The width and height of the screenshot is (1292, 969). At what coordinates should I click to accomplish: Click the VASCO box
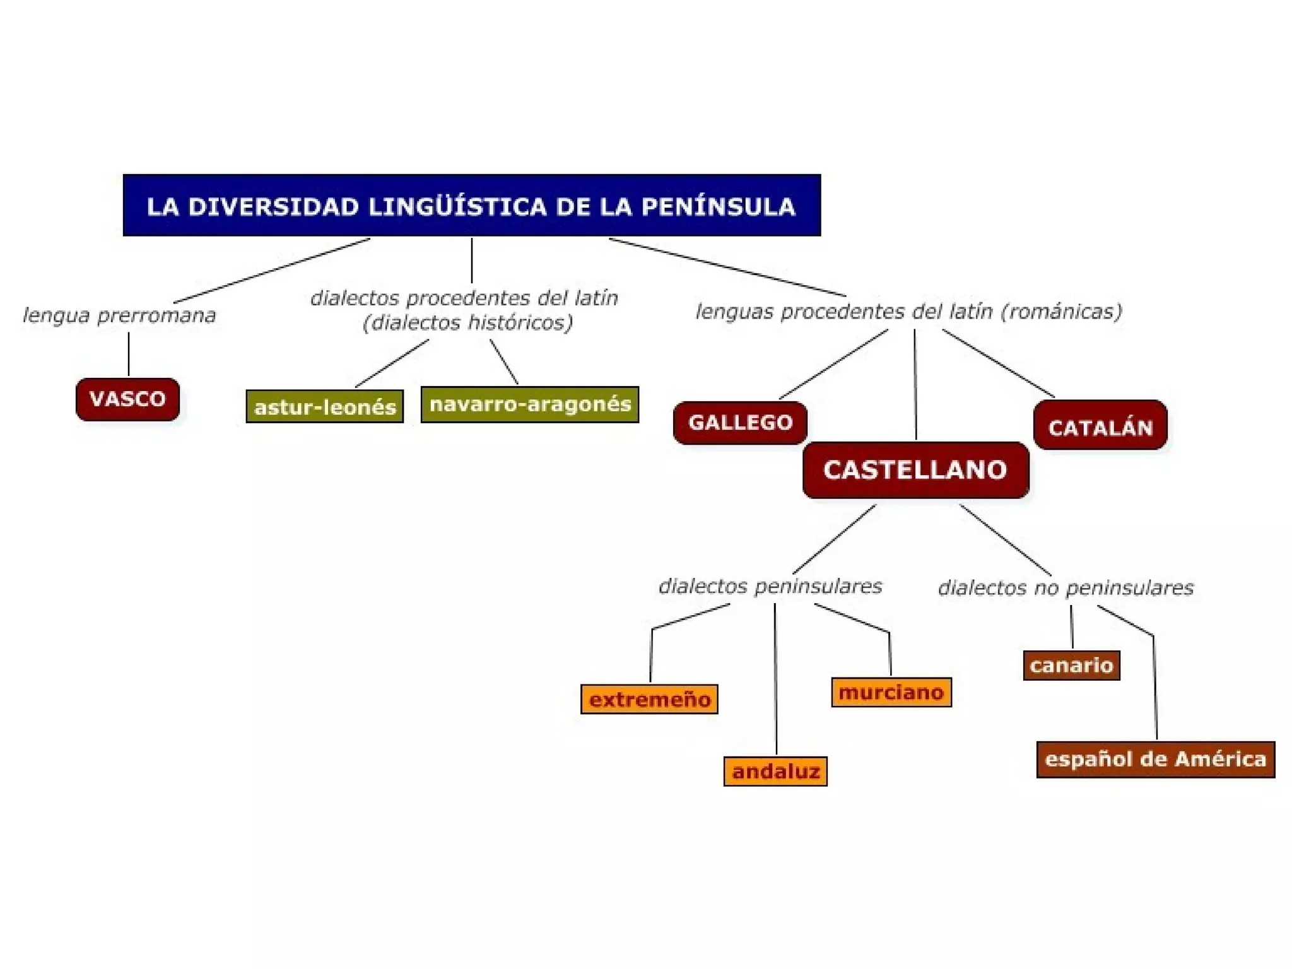coord(127,399)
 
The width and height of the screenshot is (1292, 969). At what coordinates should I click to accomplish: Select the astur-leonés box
coord(324,407)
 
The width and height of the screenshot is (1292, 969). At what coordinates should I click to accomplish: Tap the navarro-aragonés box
coord(529,404)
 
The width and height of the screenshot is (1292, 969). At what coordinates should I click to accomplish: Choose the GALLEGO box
coord(740,423)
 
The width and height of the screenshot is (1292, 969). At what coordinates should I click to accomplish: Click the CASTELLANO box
coord(915,470)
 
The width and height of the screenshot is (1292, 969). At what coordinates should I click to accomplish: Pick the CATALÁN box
coord(1100,427)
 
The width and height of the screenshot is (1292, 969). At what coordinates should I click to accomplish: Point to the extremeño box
coord(649,700)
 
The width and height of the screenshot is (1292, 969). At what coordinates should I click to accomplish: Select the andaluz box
coord(775,771)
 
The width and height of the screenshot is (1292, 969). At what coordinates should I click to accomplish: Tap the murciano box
coord(891,692)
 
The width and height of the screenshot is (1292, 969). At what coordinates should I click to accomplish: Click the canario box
coord(1071,666)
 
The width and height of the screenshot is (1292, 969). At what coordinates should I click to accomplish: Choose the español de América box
coord(1155,759)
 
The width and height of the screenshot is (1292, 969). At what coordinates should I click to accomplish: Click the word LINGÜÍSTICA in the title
coord(457,206)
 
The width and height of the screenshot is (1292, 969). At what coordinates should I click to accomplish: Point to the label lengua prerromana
coord(119,315)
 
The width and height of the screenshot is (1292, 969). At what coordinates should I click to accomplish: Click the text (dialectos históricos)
coord(467,323)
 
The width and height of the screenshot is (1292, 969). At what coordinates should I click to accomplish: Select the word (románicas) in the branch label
coord(1061,312)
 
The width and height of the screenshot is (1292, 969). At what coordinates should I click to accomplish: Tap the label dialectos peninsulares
coord(770,586)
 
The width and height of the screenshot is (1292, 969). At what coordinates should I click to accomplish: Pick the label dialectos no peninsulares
coord(1066,588)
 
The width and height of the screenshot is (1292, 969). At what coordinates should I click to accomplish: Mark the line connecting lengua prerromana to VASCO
coord(129,355)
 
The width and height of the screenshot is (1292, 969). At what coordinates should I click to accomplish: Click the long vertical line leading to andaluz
coord(775,681)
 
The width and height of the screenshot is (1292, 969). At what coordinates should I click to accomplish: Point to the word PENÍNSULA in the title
coord(718,206)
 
